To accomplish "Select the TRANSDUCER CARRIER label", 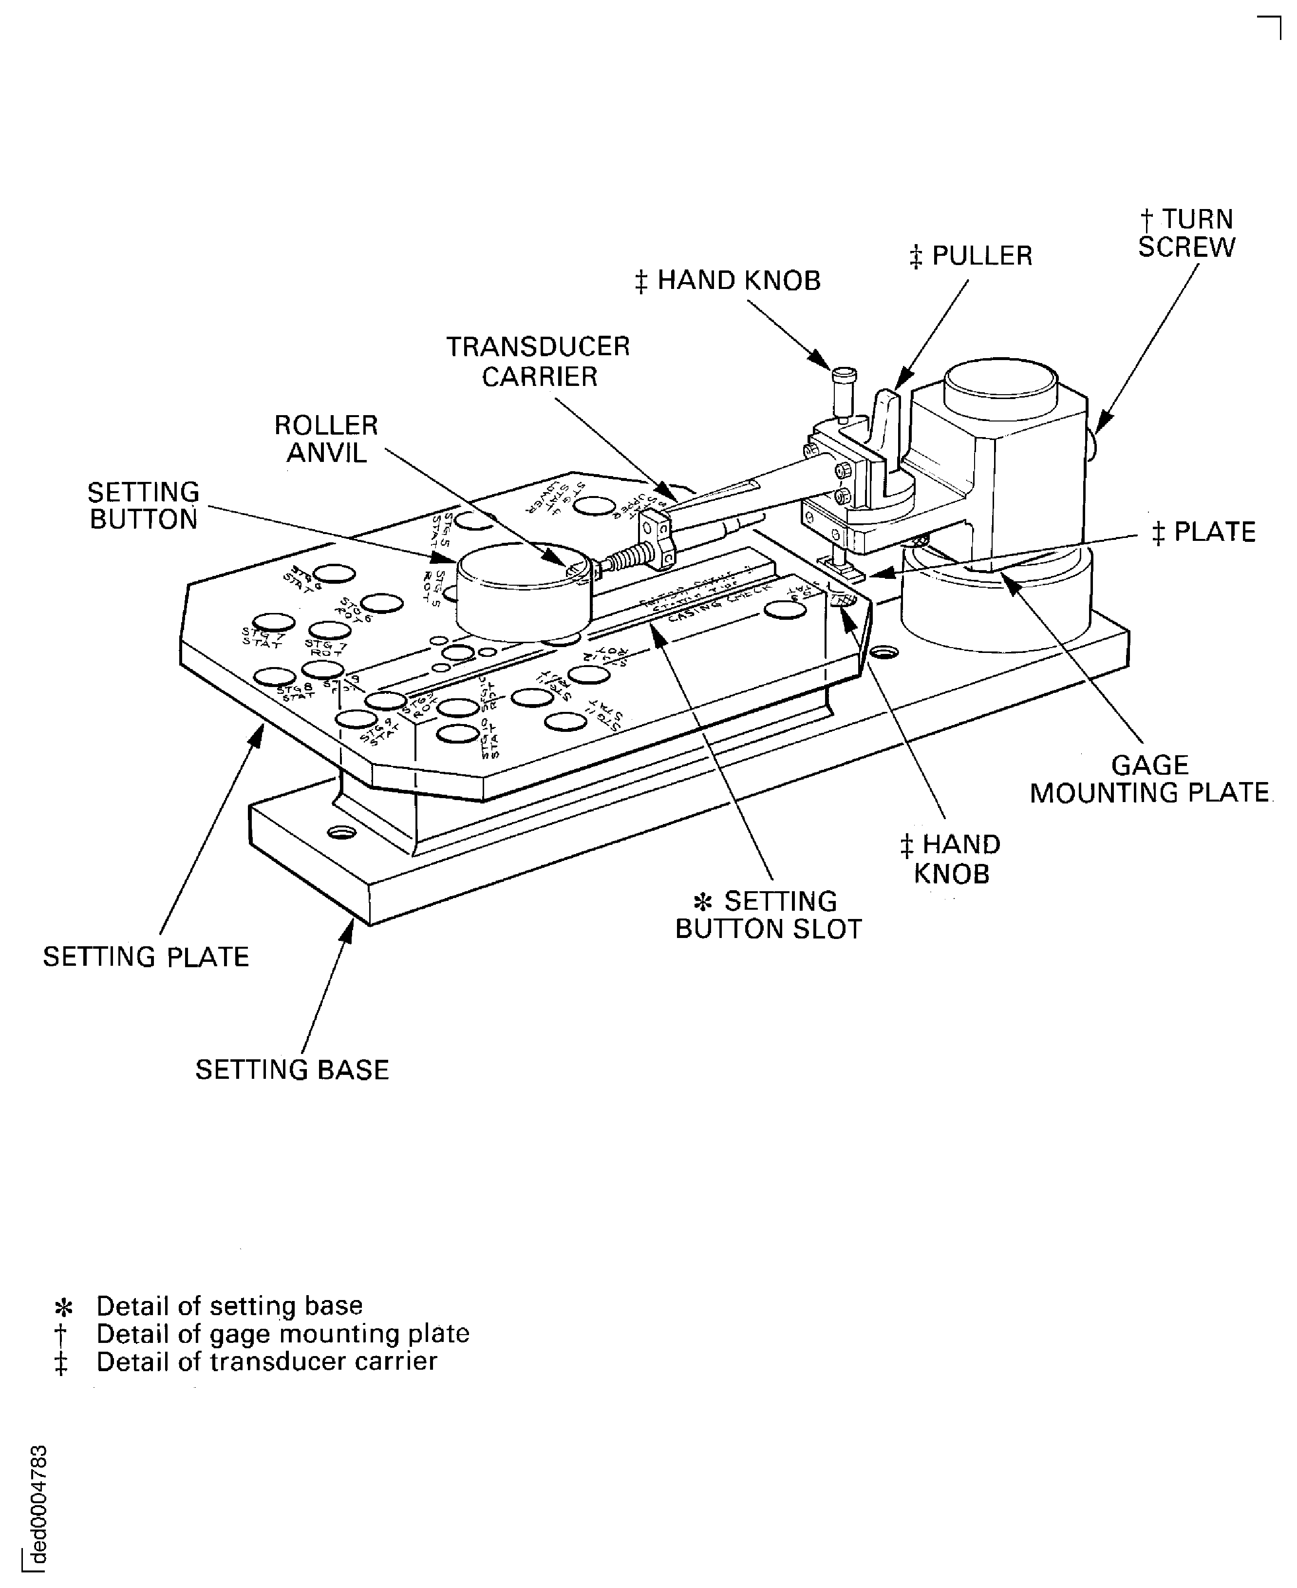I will point(538,361).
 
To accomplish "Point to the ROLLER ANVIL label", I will point(326,439).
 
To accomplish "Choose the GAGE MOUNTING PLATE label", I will point(1150,779).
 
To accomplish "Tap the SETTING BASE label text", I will point(292,1070).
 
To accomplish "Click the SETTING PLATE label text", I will point(146,957).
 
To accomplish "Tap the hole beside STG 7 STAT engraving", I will point(273,622).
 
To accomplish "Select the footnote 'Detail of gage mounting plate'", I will point(282,1333).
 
